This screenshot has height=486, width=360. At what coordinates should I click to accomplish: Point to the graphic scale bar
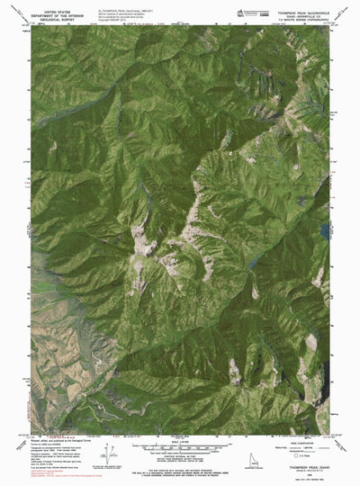[179, 444]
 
